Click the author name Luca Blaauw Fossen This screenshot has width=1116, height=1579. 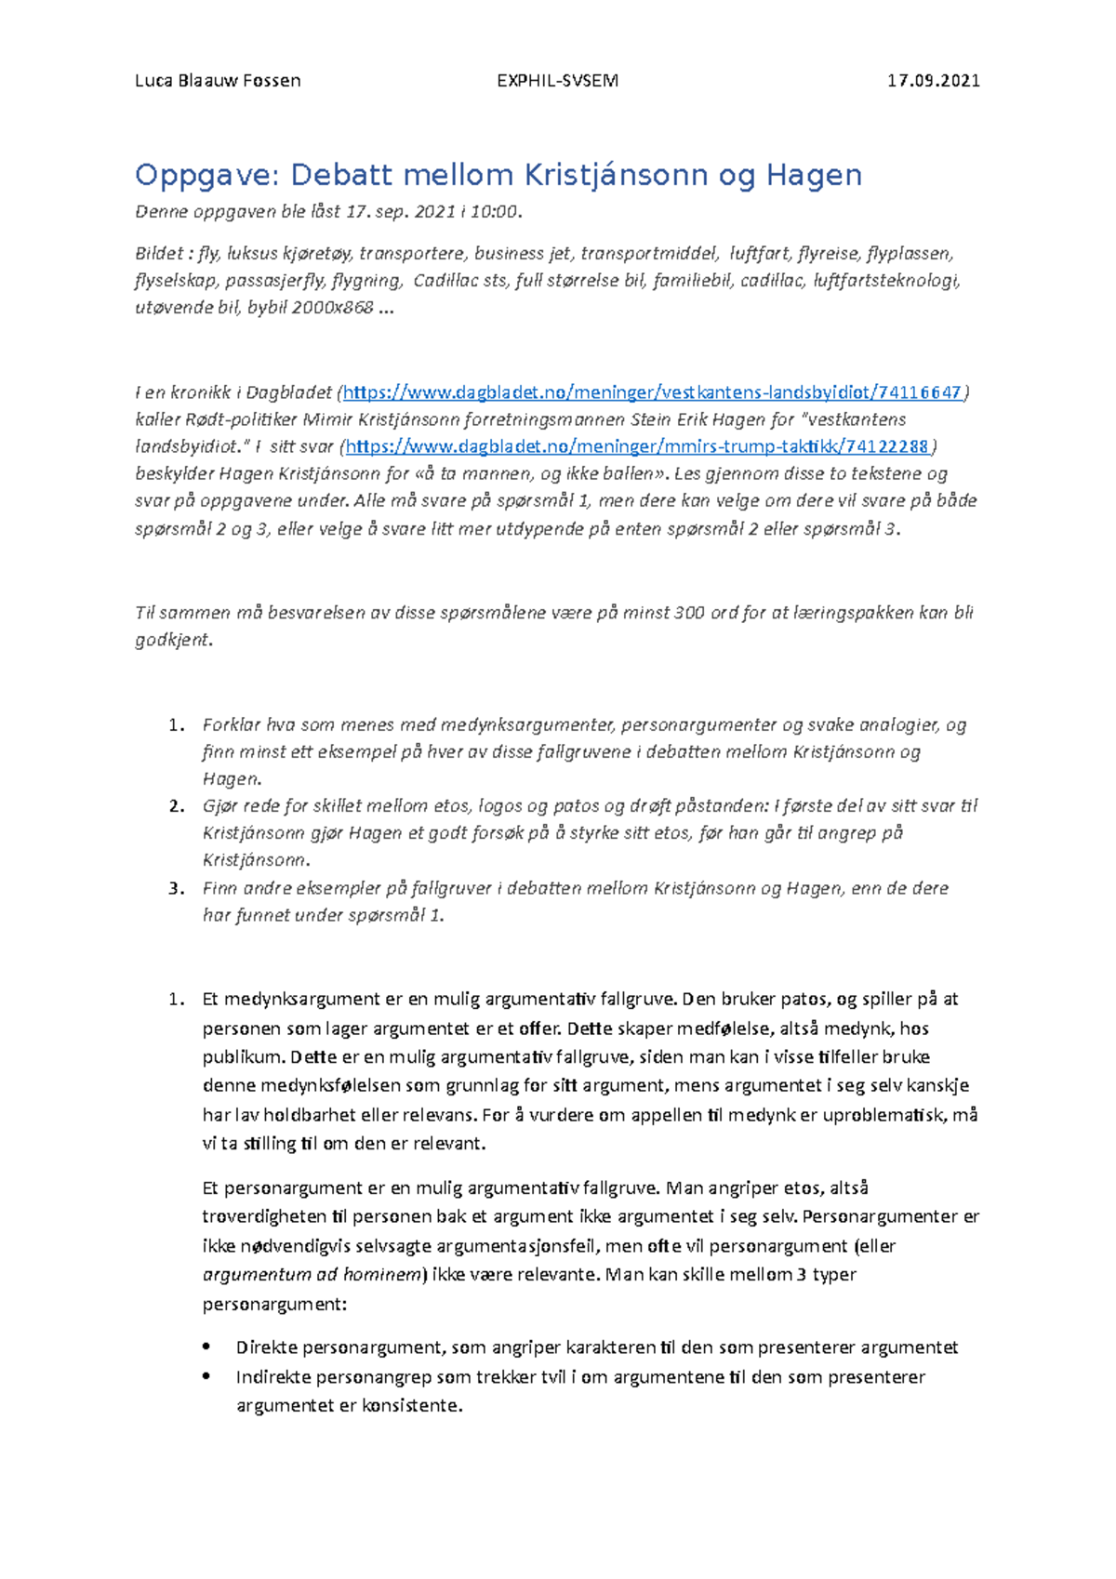[x=218, y=81]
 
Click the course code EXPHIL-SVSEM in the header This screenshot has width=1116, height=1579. [x=557, y=81]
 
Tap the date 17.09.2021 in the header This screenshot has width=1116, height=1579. [x=933, y=81]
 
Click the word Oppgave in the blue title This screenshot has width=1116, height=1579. [x=206, y=176]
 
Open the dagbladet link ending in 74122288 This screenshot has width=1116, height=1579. [x=637, y=446]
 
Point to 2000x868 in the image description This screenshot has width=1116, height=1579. [x=332, y=308]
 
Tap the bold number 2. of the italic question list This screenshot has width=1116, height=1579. [x=177, y=806]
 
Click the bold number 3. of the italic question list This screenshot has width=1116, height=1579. [x=177, y=888]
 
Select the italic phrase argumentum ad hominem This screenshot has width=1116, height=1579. [x=312, y=1275]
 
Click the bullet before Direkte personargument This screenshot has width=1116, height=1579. [x=206, y=1347]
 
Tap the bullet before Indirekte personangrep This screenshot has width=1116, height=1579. [x=206, y=1376]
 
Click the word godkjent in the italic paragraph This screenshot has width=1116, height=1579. [x=172, y=640]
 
